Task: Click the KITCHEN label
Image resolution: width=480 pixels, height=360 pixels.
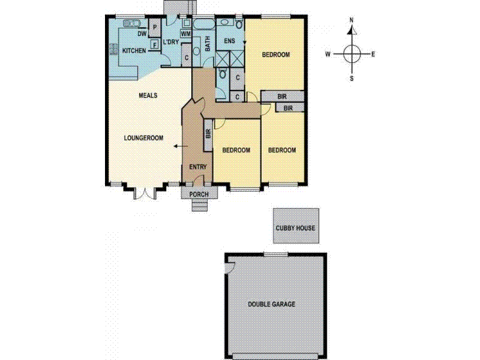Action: pos(134,51)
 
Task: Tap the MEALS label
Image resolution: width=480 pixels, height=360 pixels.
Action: pos(148,95)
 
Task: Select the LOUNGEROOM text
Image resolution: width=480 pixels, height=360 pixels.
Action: pos(144,137)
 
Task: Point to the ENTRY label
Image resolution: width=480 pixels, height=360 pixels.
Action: pos(197,167)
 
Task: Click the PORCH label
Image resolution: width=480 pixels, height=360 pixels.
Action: pos(199,194)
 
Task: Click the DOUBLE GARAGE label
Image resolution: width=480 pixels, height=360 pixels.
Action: pos(272,304)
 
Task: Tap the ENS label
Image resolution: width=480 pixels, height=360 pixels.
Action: pos(229,41)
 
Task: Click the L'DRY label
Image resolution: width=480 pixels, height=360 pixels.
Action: pos(172,41)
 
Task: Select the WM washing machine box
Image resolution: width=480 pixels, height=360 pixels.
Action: pos(185,34)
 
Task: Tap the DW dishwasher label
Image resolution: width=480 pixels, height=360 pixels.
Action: pos(142,34)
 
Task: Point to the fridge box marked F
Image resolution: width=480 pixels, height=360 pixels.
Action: pos(154,44)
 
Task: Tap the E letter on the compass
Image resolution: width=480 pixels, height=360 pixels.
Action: pos(373,55)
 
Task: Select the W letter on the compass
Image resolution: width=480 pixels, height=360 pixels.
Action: pos(328,55)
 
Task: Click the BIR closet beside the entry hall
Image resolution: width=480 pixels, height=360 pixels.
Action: pos(208,134)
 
